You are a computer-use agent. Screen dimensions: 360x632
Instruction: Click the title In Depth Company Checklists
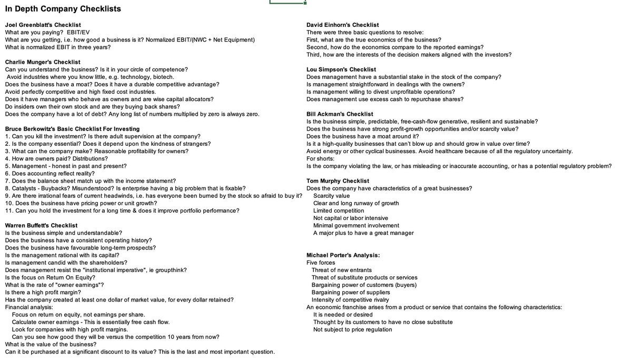[x=63, y=9]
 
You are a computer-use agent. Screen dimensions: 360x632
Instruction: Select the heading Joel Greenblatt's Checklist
[x=43, y=25]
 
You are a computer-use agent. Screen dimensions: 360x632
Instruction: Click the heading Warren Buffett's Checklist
[x=41, y=225]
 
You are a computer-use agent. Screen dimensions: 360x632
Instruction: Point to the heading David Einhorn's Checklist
[x=342, y=25]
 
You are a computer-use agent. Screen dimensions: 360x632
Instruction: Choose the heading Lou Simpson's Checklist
[x=341, y=69]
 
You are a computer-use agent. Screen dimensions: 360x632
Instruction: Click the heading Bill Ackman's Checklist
[x=340, y=114]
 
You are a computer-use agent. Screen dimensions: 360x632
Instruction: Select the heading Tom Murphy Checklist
[x=338, y=181]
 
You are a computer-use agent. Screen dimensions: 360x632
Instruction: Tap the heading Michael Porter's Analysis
[x=343, y=255]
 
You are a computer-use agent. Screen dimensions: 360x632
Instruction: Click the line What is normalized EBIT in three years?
[x=58, y=47]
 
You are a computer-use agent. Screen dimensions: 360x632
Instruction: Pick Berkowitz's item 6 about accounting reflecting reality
[x=50, y=173]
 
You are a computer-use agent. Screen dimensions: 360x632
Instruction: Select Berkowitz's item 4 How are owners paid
[x=49, y=158]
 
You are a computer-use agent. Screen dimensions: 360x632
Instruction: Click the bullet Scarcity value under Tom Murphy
[x=331, y=196]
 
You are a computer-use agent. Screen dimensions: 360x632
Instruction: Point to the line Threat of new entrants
[x=341, y=270]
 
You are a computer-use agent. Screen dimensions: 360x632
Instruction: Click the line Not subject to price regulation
[x=352, y=329]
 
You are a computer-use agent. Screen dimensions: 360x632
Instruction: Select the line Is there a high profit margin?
[x=43, y=292]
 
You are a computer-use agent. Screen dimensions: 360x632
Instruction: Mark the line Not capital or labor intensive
[x=350, y=218]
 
